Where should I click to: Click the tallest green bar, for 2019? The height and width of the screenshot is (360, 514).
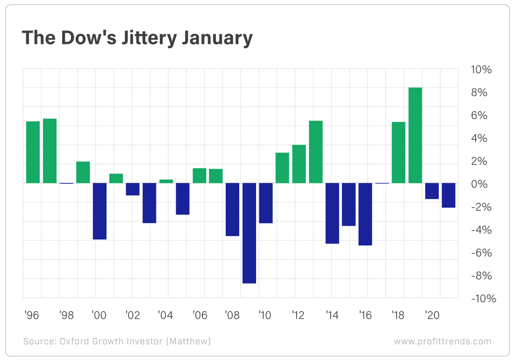pyautogui.click(x=415, y=135)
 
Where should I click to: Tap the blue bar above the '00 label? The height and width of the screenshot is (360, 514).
pyautogui.click(x=100, y=211)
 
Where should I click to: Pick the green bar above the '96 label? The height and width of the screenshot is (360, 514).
pyautogui.click(x=33, y=152)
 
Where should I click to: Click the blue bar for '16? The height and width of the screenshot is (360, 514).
pyautogui.click(x=365, y=214)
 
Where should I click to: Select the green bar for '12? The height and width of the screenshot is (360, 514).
pyautogui.click(x=299, y=164)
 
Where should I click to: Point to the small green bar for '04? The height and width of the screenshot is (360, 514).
pyautogui.click(x=166, y=181)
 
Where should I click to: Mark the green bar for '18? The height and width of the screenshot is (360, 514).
pyautogui.click(x=399, y=152)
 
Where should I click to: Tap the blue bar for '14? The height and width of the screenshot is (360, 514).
pyautogui.click(x=332, y=213)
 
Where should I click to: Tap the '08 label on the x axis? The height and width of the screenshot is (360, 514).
pyautogui.click(x=232, y=316)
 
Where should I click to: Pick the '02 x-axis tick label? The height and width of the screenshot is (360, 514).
pyautogui.click(x=133, y=316)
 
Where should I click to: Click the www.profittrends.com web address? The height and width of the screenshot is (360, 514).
pyautogui.click(x=442, y=341)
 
